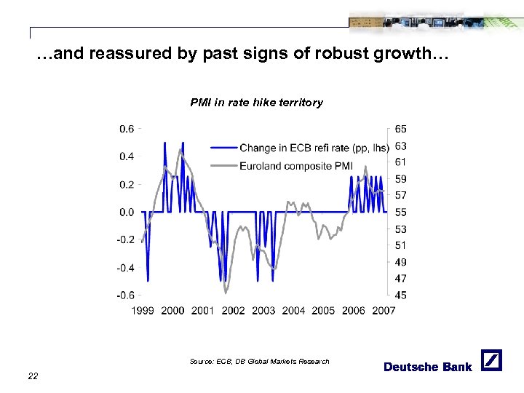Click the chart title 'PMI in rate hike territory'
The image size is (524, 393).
tap(256, 103)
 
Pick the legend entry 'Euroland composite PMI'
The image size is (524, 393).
tap(295, 166)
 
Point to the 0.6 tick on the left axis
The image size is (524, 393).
tap(127, 129)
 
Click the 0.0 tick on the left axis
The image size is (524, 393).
tap(127, 213)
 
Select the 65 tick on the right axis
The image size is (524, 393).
tap(401, 129)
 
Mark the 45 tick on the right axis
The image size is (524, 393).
tap(401, 295)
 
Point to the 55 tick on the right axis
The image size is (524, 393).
tap(401, 213)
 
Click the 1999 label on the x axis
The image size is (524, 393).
tap(143, 311)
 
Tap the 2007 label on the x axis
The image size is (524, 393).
tap(384, 311)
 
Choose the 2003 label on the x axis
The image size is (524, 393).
tap(263, 311)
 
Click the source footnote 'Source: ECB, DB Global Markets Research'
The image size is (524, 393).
tap(259, 362)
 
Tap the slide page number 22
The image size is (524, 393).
tap(32, 376)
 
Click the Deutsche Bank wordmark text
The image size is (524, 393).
tap(428, 367)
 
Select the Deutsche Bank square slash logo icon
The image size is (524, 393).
tap(491, 360)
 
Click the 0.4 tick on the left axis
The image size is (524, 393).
tap(127, 156)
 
